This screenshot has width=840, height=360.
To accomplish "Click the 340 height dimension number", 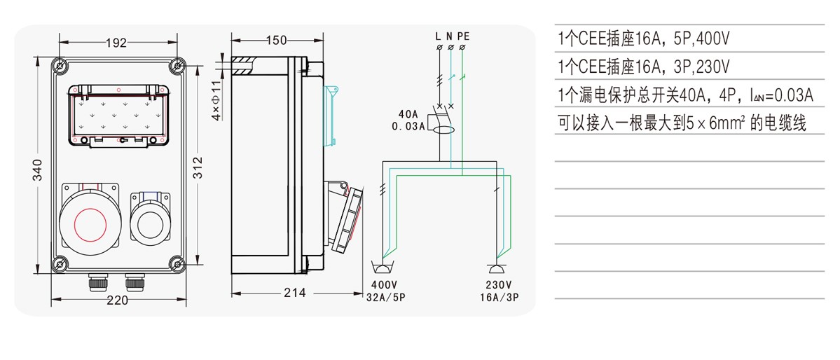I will click(x=38, y=170).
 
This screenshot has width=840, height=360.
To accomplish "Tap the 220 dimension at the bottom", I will click(x=117, y=300).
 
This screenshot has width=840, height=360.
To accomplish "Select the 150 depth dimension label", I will click(x=276, y=41).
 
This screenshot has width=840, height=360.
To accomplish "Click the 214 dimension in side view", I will click(x=295, y=293).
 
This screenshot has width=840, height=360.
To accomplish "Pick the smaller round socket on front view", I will click(x=151, y=223).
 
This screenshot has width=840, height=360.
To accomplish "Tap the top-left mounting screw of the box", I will click(x=61, y=67).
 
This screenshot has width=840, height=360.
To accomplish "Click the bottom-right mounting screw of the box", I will click(x=177, y=264).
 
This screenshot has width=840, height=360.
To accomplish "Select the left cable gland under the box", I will click(x=95, y=284).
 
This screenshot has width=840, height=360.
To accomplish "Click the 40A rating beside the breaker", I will click(x=408, y=114).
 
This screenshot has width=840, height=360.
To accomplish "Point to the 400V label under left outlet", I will click(x=384, y=285).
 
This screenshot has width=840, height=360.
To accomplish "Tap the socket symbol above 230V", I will click(x=498, y=268).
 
